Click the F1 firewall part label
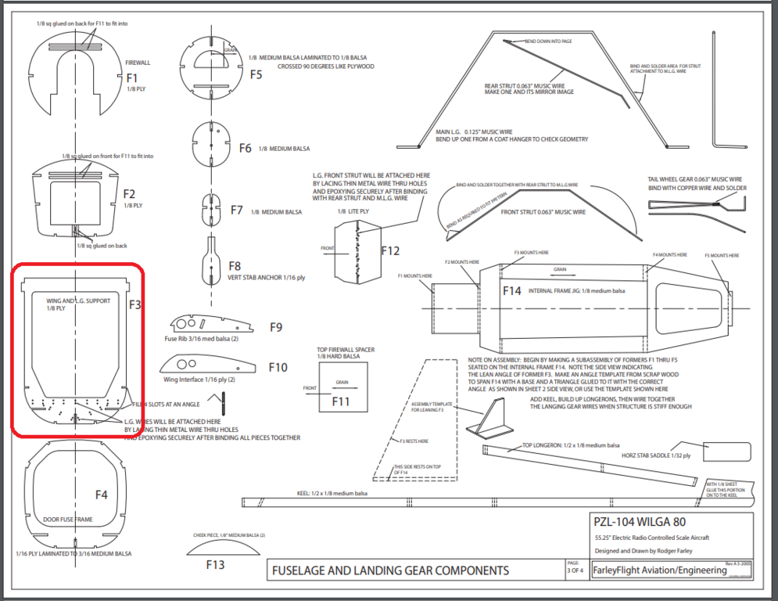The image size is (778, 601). [x=131, y=77]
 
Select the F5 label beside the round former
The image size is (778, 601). [x=256, y=75]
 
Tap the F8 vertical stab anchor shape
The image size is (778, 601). [x=210, y=259]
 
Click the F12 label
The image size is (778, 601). [x=390, y=251]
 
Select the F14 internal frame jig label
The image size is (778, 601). [x=512, y=291]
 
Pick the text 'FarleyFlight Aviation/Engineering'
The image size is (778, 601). [x=659, y=570]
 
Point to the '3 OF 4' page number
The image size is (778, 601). [x=575, y=570]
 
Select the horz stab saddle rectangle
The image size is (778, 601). [x=727, y=451]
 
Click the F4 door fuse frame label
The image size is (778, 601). [x=102, y=495]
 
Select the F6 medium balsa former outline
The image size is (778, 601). [x=210, y=146]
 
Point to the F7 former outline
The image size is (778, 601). [x=209, y=208]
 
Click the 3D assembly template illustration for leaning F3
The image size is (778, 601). [x=486, y=419]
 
